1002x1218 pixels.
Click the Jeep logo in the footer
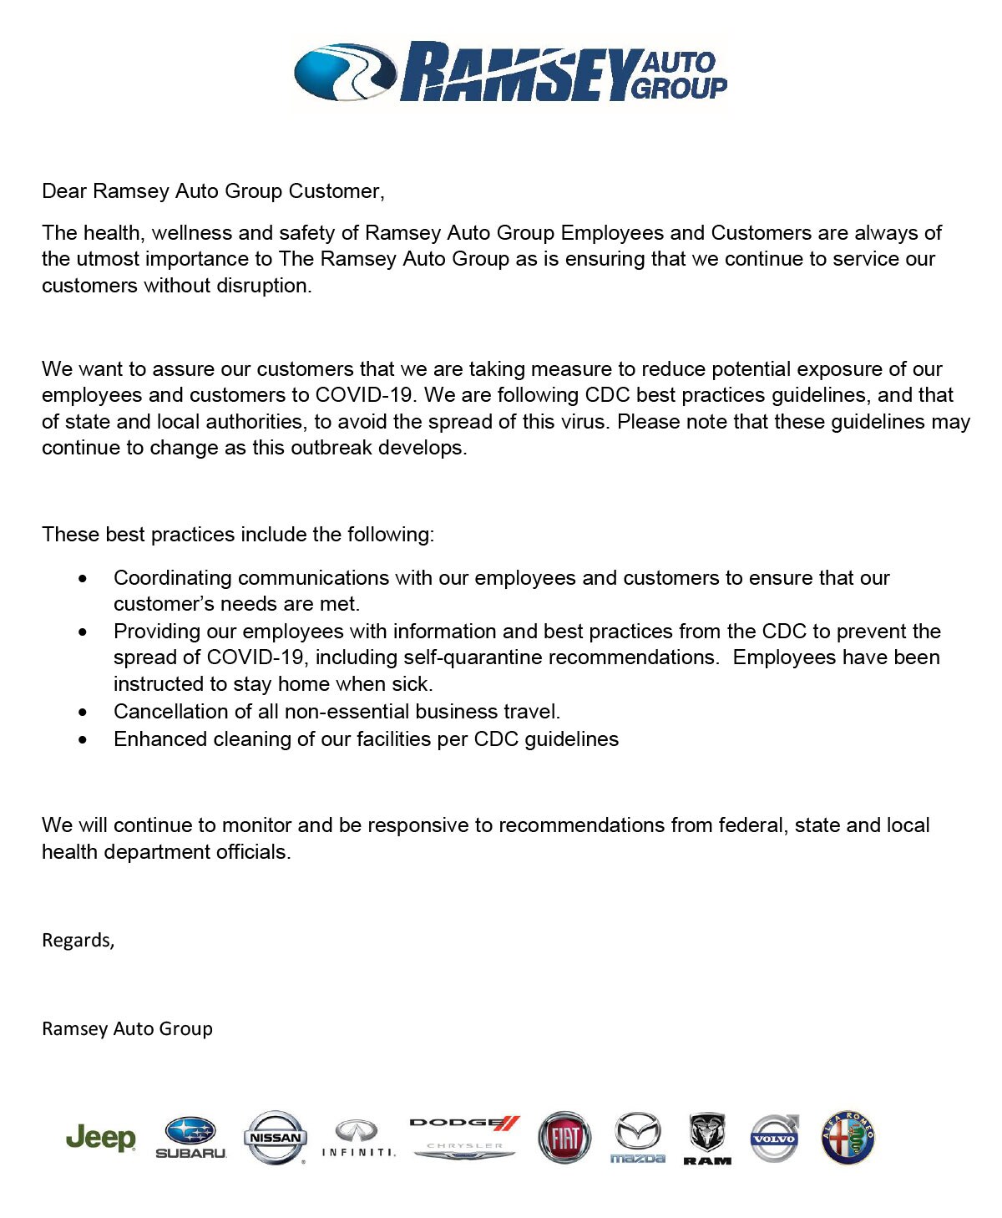click(100, 1138)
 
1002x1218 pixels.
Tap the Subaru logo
click(190, 1138)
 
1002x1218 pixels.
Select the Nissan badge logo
click(275, 1137)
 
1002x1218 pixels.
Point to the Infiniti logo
click(358, 1139)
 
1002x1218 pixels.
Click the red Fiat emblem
click(564, 1138)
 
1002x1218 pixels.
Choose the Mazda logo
click(637, 1138)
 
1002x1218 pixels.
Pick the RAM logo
click(707, 1138)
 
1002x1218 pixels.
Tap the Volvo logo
click(775, 1138)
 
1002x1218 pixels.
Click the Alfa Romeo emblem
click(848, 1138)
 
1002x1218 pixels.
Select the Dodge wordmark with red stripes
click(465, 1123)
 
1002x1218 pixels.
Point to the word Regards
click(78, 941)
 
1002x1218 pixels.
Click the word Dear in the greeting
click(64, 191)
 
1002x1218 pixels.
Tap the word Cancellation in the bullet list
click(166, 712)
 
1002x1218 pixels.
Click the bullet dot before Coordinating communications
click(82, 578)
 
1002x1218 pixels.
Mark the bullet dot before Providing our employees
click(82, 632)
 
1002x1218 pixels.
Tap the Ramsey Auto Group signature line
click(127, 1028)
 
